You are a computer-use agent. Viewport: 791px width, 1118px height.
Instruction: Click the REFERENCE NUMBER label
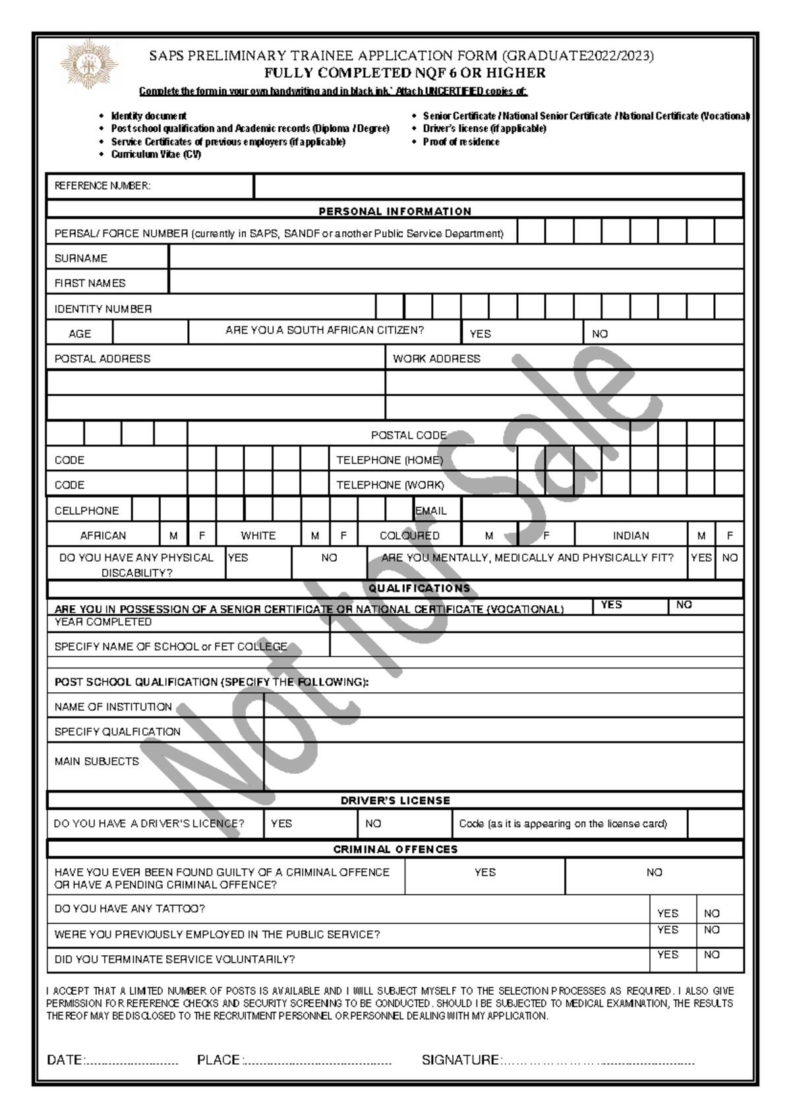pos(102,186)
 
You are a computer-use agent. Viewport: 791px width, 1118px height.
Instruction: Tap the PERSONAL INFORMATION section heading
pos(395,211)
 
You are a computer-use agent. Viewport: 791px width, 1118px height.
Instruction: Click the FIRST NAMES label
pos(90,283)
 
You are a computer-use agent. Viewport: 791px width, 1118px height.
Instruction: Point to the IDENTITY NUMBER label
pos(103,309)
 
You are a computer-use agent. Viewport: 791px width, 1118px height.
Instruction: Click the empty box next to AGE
pos(150,333)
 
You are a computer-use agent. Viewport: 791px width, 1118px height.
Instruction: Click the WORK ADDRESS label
pos(436,359)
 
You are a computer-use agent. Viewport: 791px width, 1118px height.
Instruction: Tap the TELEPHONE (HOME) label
pos(389,459)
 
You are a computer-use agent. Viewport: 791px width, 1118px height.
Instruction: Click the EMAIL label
pos(430,510)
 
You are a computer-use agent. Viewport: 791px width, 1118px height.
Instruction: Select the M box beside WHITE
pos(315,535)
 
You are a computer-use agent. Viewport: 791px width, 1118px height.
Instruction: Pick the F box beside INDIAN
pos(730,535)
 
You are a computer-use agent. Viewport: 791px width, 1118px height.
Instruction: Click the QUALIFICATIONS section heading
pos(419,588)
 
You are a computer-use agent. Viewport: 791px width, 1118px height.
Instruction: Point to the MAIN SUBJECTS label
pos(96,761)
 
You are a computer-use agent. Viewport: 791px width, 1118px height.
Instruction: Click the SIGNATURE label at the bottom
pos(460,1060)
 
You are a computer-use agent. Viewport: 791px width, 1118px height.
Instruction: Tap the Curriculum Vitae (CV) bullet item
pos(156,154)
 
